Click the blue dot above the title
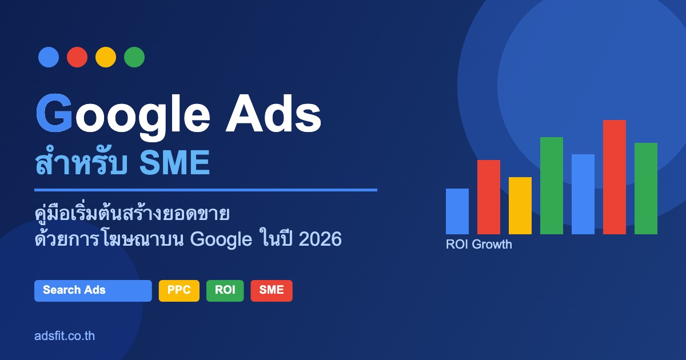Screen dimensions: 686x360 (x=49, y=57)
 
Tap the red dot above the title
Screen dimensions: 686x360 (x=77, y=57)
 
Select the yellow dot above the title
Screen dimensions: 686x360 (x=106, y=57)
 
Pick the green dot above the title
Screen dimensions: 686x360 (x=134, y=57)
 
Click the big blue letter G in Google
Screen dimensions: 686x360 (x=54, y=113)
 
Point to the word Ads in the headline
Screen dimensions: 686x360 (x=273, y=114)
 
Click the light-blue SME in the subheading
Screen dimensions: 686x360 (x=174, y=162)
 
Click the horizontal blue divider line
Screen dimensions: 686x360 (x=206, y=190)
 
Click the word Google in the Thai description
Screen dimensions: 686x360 (x=221, y=239)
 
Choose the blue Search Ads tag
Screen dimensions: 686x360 (x=93, y=291)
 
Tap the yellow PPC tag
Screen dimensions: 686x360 (x=179, y=291)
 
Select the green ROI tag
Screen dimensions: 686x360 (x=225, y=291)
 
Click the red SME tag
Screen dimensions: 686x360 (x=272, y=291)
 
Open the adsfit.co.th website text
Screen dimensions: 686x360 (x=65, y=336)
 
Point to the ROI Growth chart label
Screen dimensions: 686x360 (x=479, y=245)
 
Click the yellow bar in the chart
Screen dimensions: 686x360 (x=520, y=206)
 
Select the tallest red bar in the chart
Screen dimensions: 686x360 (x=615, y=177)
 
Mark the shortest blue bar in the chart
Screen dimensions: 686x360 (x=457, y=211)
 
